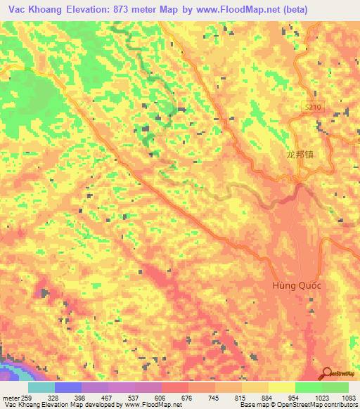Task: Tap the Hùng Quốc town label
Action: pyautogui.click(x=296, y=286)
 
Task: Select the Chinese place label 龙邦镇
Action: pyautogui.click(x=300, y=155)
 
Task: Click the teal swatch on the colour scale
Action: pyautogui.click(x=41, y=387)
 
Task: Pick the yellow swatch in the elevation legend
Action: pyautogui.click(x=281, y=387)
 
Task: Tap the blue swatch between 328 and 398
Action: pyautogui.click(x=68, y=387)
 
